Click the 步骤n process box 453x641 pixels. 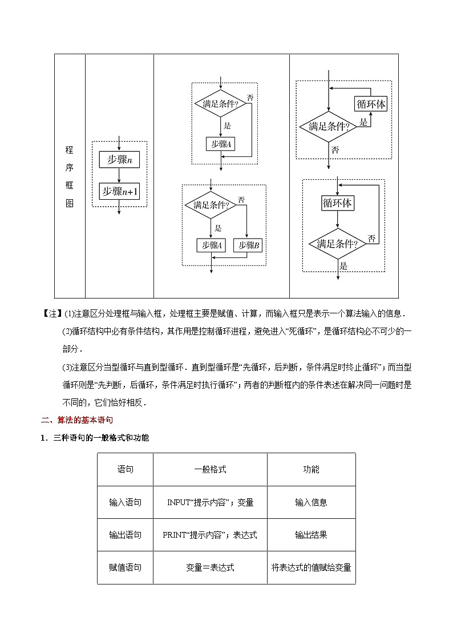pyautogui.click(x=119, y=160)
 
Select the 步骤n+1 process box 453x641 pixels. pyautogui.click(x=119, y=192)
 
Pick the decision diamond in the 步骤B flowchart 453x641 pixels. pyautogui.click(x=211, y=205)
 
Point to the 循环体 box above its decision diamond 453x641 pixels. pyautogui.click(x=337, y=203)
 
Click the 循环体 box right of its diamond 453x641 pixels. pyautogui.click(x=371, y=104)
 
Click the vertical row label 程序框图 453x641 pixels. pyautogui.click(x=69, y=176)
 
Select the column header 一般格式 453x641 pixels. pyautogui.click(x=210, y=469)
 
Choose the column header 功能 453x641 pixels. pyautogui.click(x=311, y=469)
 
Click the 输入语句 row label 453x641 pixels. pyautogui.click(x=126, y=502)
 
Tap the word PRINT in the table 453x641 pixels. pyautogui.click(x=175, y=535)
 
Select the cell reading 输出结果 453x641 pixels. pyautogui.click(x=311, y=535)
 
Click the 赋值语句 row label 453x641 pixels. pyautogui.click(x=126, y=567)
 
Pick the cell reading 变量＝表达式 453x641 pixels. pyautogui.click(x=210, y=567)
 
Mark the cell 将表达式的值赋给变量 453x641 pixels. pyautogui.click(x=311, y=567)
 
